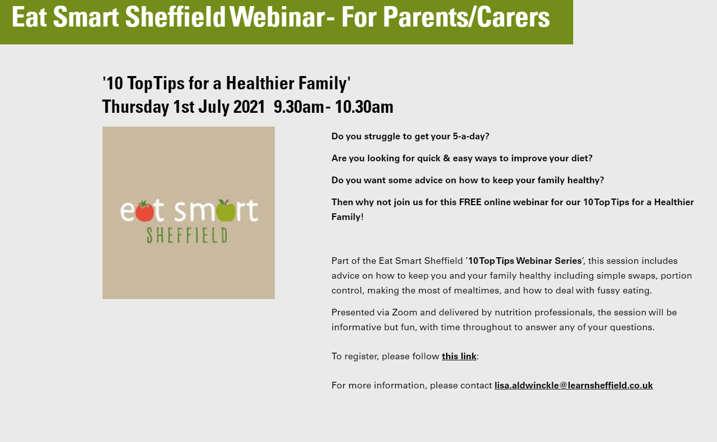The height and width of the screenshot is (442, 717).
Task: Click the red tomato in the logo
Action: click(144, 211)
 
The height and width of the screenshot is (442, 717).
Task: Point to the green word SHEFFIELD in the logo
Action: click(187, 235)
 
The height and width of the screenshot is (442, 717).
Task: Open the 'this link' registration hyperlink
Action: click(459, 356)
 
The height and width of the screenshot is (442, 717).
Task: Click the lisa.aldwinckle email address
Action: click(574, 385)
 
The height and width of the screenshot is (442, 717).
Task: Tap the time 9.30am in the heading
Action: click(299, 107)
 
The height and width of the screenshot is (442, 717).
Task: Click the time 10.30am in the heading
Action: click(363, 107)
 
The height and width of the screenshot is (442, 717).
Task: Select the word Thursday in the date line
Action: click(136, 107)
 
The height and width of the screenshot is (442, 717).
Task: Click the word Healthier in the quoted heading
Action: click(260, 83)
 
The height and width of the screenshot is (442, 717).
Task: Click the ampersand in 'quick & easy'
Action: click(447, 158)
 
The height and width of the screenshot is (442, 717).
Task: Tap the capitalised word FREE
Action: click(470, 202)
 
